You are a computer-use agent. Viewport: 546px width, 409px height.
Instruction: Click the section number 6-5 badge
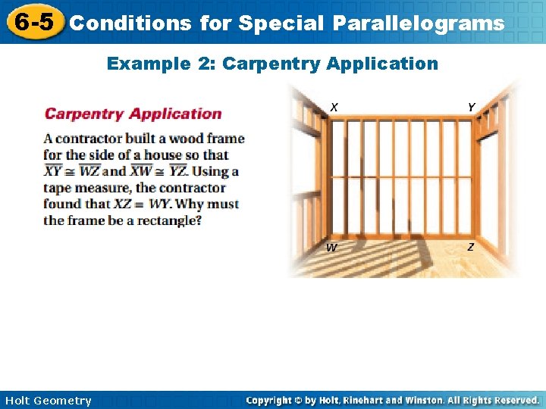pyautogui.click(x=33, y=22)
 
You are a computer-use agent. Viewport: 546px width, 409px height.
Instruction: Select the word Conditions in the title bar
pyautogui.click(x=130, y=23)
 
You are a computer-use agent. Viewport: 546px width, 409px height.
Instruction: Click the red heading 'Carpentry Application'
pyautogui.click(x=133, y=114)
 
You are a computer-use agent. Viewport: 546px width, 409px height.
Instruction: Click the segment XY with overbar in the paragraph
pyautogui.click(x=53, y=171)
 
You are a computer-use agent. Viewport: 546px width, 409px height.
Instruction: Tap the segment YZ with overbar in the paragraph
pyautogui.click(x=178, y=171)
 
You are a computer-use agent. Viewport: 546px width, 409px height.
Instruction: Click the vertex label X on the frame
pyautogui.click(x=334, y=108)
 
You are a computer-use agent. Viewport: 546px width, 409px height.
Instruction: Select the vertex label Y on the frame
pyautogui.click(x=471, y=108)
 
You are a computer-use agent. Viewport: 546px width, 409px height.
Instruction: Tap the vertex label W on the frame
pyautogui.click(x=331, y=248)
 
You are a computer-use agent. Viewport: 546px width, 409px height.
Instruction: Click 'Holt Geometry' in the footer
pyautogui.click(x=48, y=400)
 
